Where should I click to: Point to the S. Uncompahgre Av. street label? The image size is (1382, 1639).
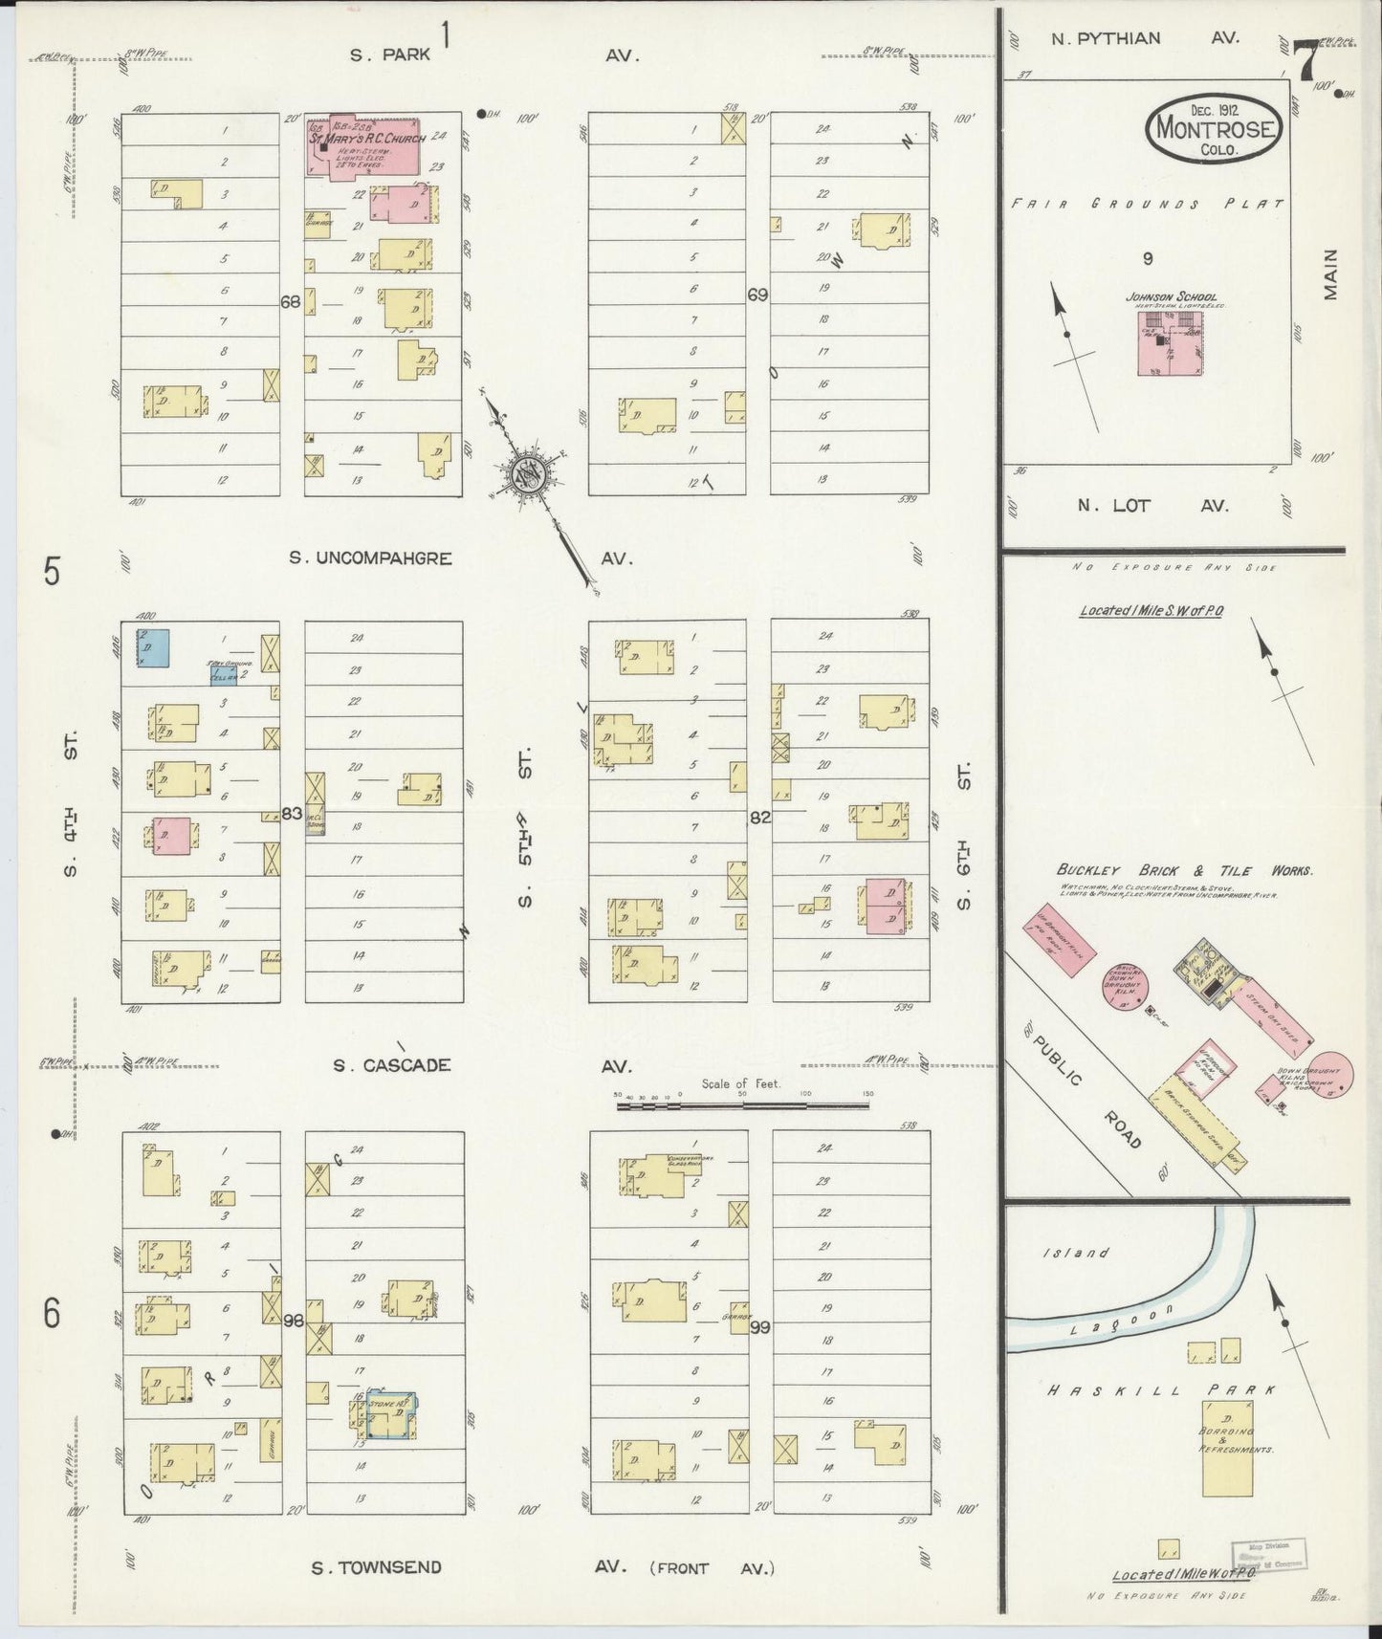(x=370, y=557)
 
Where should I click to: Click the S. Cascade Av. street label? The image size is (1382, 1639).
(x=391, y=1064)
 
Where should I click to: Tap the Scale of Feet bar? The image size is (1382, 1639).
(x=743, y=1105)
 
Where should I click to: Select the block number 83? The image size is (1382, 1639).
(x=293, y=815)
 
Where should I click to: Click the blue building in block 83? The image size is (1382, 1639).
(x=153, y=647)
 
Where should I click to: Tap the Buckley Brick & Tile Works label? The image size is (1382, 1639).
(x=1184, y=870)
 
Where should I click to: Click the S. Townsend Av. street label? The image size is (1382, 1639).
(x=376, y=1566)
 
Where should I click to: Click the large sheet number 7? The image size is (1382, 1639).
(x=1306, y=63)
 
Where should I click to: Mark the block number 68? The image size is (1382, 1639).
(x=291, y=301)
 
